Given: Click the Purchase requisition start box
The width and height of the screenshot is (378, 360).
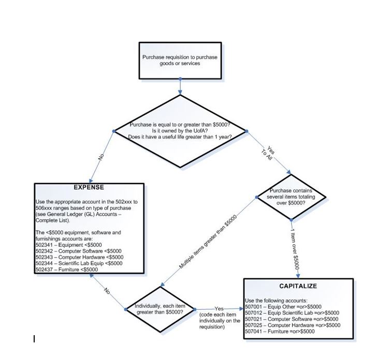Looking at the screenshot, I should click(x=180, y=60).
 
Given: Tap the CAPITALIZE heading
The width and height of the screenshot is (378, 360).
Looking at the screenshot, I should click(x=298, y=286).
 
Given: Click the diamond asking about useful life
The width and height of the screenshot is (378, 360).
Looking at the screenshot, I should click(x=180, y=131).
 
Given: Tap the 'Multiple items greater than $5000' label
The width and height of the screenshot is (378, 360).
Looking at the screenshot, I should click(x=208, y=243).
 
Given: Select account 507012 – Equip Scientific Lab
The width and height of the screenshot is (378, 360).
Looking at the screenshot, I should click(x=292, y=313).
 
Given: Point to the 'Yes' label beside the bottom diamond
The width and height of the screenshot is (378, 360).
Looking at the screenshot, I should click(x=218, y=309).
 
